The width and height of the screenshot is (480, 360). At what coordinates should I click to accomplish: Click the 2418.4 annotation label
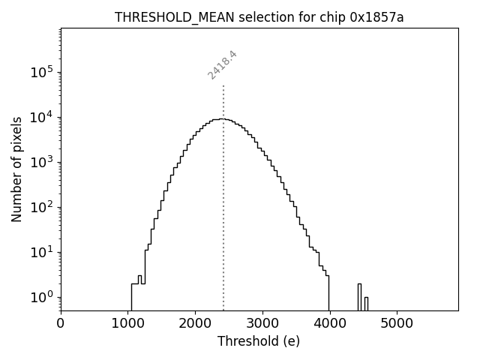pos(222,65)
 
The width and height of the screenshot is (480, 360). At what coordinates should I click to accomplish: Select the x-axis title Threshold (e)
pos(259,341)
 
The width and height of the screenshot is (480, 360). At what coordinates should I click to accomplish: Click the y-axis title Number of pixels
pos(16,169)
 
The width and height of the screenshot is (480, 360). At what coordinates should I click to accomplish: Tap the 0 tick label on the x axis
pos(61,324)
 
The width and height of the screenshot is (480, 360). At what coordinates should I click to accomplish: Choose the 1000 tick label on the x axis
pos(128,324)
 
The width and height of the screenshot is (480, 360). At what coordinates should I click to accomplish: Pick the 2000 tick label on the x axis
pos(195,324)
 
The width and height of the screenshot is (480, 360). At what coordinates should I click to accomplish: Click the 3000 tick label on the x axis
pos(262,324)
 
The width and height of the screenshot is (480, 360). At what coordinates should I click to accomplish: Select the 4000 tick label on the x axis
pos(329,324)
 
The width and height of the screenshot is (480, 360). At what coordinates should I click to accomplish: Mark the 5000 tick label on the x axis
pos(397,324)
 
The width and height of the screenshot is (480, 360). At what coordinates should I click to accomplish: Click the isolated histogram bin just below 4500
pos(359,296)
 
